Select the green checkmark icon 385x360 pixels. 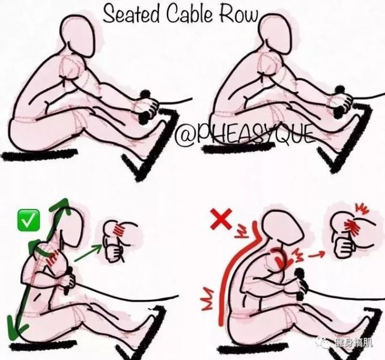tap(28, 220)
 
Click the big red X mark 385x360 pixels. tap(221, 219)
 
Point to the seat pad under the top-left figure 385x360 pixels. tap(39, 155)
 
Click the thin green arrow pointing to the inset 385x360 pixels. tap(88, 253)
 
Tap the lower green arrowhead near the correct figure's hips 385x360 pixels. tap(17, 328)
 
